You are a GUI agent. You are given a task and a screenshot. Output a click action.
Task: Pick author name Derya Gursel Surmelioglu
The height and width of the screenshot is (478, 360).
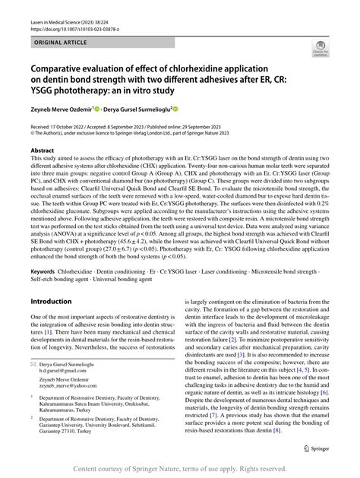click(134, 109)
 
